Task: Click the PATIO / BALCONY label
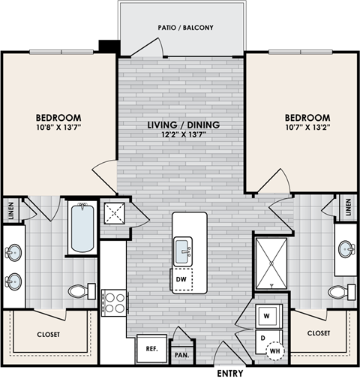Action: pyautogui.click(x=185, y=29)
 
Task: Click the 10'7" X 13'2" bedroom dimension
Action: pyautogui.click(x=307, y=128)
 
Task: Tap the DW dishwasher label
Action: pyautogui.click(x=180, y=280)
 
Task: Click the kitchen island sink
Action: pyautogui.click(x=183, y=250)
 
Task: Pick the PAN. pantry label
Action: pyautogui.click(x=181, y=353)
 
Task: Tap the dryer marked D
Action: pyautogui.click(x=262, y=338)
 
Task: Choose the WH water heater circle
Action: pyautogui.click(x=275, y=350)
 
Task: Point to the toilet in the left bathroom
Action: pyautogui.click(x=79, y=290)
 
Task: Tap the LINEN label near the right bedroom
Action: pyautogui.click(x=349, y=206)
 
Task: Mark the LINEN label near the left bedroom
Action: pyautogui.click(x=10, y=211)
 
